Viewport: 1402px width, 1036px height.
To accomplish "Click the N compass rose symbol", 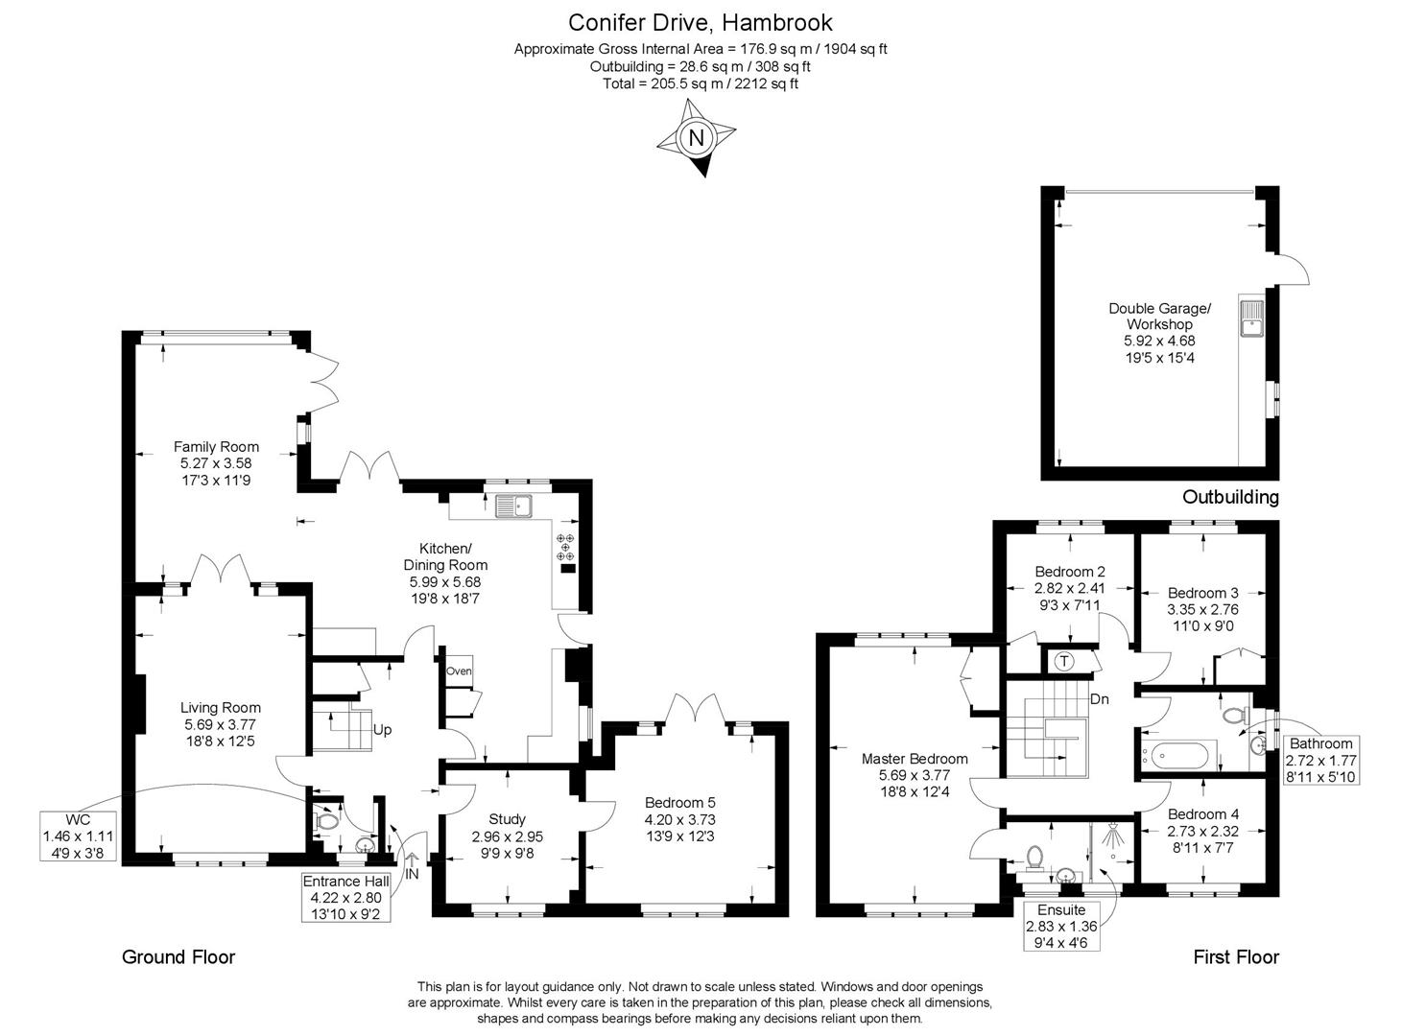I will [x=697, y=140].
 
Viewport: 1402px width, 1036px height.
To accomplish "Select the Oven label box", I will [x=459, y=671].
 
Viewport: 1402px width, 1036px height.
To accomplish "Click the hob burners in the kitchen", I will [x=565, y=548].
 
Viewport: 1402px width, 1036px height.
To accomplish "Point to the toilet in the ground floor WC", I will [x=326, y=821].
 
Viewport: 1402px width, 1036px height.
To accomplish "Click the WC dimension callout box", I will [x=78, y=836].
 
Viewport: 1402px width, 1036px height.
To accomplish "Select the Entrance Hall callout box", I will [x=345, y=897].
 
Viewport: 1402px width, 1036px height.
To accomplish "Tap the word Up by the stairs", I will [x=382, y=729].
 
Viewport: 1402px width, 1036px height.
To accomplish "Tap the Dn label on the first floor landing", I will [x=1100, y=698].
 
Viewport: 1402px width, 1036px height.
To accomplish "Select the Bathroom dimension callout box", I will [x=1319, y=760].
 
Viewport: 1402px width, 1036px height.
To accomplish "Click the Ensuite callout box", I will [x=1061, y=925].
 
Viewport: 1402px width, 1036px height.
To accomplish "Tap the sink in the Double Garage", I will [x=1252, y=318].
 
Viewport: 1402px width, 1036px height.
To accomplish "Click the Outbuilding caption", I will [x=1230, y=497].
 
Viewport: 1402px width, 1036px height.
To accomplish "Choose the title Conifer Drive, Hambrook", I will [x=701, y=22].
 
